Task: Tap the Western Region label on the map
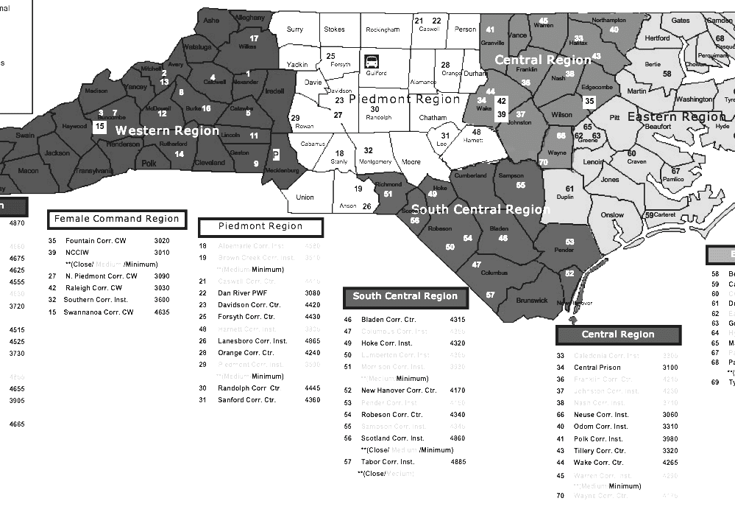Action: point(168,130)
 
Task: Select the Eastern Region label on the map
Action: point(676,117)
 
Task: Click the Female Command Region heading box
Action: point(117,219)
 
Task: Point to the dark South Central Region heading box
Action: point(405,297)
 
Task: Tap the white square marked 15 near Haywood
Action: point(100,127)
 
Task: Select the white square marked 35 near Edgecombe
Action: point(589,102)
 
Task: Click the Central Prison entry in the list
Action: point(597,368)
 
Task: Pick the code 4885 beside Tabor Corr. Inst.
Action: point(458,462)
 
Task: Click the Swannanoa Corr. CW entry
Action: point(99,312)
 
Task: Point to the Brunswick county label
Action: point(531,300)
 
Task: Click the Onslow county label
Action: point(612,216)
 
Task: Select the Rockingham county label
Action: point(383,30)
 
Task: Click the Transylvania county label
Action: point(94,171)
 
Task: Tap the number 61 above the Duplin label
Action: point(569,189)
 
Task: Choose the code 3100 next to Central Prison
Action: point(670,368)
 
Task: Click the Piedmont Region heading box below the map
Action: point(260,227)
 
